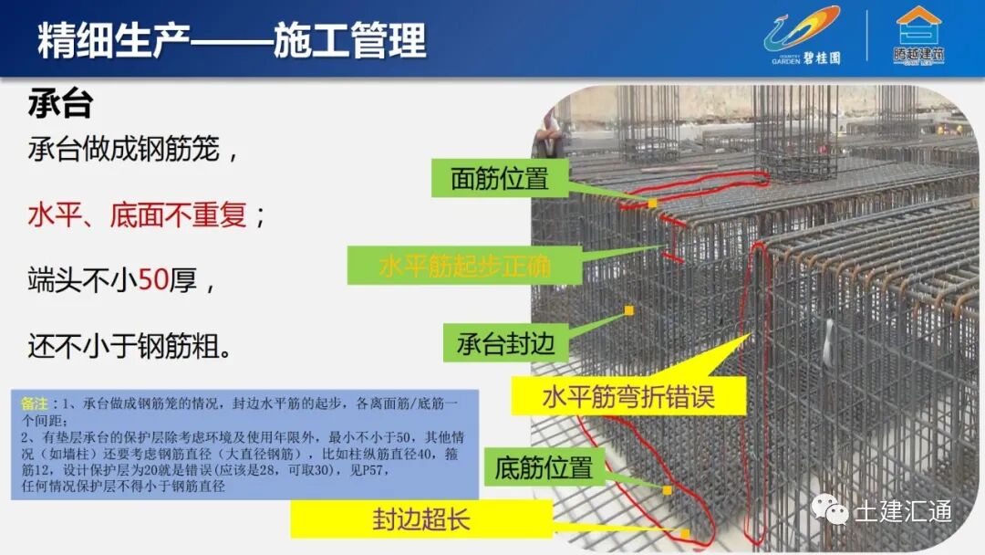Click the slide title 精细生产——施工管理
tap(232, 41)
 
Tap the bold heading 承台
tap(60, 103)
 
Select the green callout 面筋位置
tap(499, 178)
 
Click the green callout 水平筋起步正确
tap(464, 266)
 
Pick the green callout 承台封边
tap(504, 343)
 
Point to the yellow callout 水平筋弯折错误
tap(627, 397)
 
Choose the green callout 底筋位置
tap(544, 468)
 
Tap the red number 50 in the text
tap(151, 281)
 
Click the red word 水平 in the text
tap(55, 215)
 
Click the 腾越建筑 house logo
tap(918, 37)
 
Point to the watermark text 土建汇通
tap(903, 509)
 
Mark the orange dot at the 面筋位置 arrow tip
tap(653, 203)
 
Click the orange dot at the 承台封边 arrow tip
tap(628, 310)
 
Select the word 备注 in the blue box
tap(33, 403)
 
